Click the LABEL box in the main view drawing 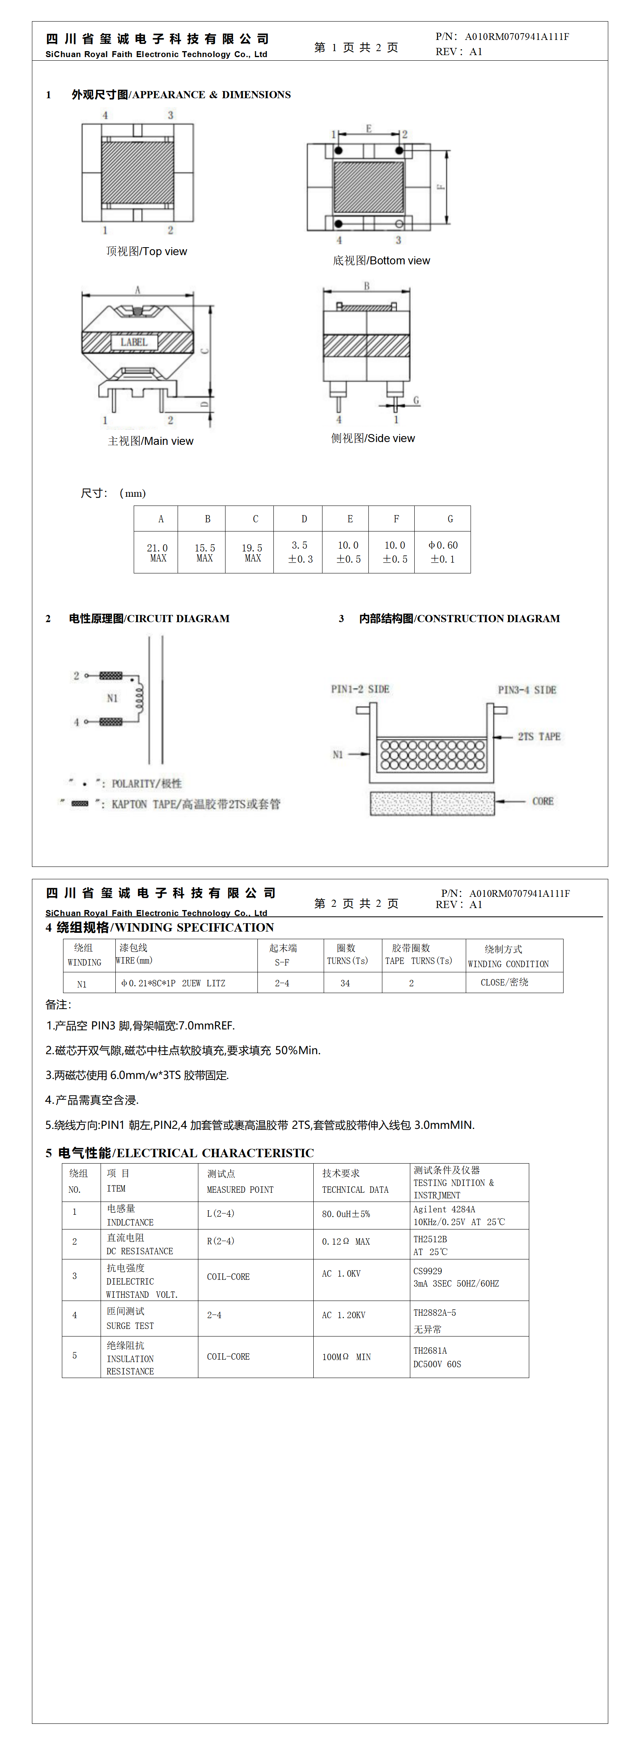134,342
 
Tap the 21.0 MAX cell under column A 157,552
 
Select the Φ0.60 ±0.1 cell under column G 443,552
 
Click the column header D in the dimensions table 304,519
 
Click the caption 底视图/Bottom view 381,261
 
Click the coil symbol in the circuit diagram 139,698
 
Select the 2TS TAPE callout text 539,736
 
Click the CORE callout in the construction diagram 542,801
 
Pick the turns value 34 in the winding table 345,983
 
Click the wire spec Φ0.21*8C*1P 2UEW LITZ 173,983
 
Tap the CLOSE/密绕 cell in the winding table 504,982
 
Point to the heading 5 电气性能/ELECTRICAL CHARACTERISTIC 180,1153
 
